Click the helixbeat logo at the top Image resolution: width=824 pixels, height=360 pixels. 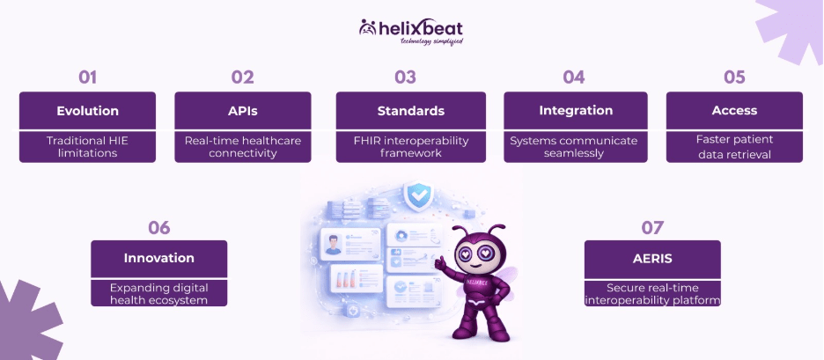click(411, 32)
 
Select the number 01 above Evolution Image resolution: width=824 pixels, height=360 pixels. click(88, 77)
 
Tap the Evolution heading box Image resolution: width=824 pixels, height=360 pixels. click(88, 111)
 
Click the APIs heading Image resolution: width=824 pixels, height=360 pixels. click(243, 111)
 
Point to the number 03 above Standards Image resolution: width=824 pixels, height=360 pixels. click(405, 77)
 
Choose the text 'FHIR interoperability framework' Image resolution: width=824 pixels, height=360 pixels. click(411, 147)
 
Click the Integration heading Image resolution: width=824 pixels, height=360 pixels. click(576, 111)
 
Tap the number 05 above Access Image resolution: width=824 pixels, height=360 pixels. click(734, 77)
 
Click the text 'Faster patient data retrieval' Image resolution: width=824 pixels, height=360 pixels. click(734, 147)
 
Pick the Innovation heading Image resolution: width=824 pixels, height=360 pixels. click(159, 258)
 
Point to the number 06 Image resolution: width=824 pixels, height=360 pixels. click(159, 228)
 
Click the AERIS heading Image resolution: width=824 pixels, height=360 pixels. click(652, 258)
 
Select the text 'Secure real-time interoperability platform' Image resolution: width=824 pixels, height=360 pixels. click(652, 294)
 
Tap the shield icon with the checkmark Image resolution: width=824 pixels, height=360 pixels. click(419, 195)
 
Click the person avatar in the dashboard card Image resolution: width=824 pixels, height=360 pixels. click(332, 245)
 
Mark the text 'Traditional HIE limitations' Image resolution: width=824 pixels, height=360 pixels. click(88, 147)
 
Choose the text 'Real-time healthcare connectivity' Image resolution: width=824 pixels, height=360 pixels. click(243, 147)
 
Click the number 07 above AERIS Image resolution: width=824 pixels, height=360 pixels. click(652, 228)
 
